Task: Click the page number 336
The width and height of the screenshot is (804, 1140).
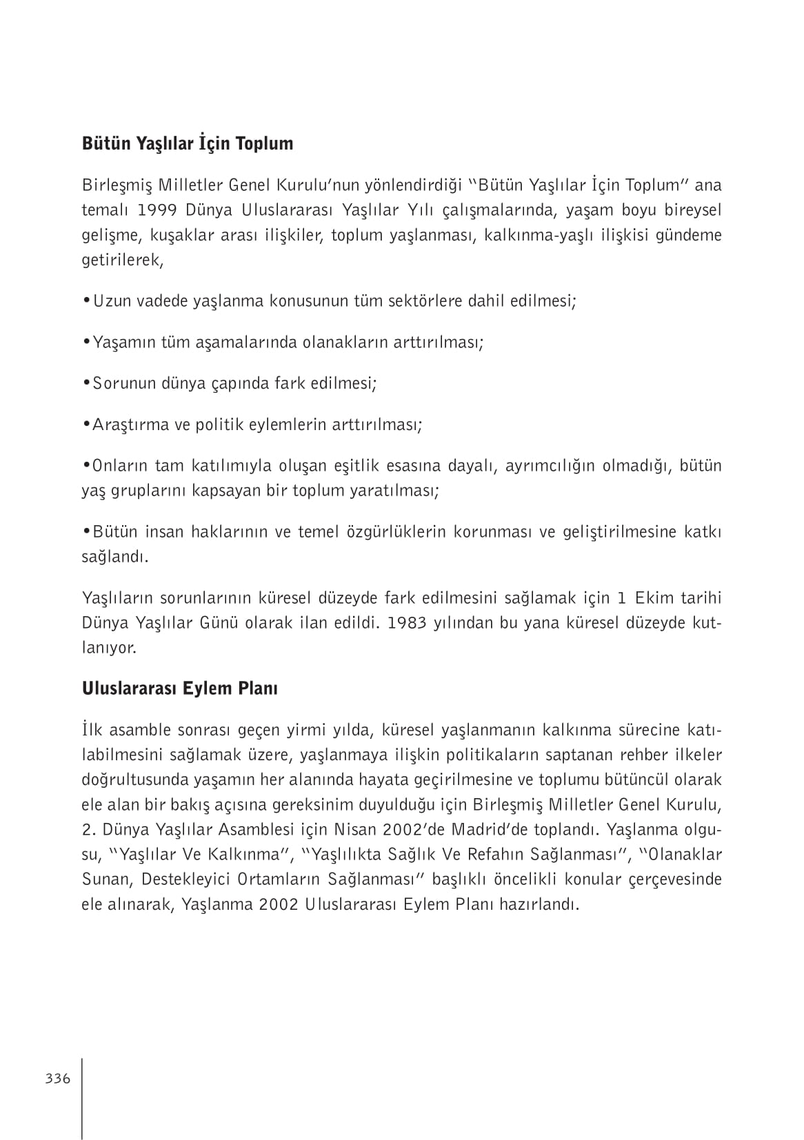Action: (x=58, y=1079)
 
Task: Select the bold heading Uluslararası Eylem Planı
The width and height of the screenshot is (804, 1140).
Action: (x=179, y=689)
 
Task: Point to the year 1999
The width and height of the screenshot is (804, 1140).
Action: (x=155, y=210)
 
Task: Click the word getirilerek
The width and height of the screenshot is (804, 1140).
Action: (x=121, y=261)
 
